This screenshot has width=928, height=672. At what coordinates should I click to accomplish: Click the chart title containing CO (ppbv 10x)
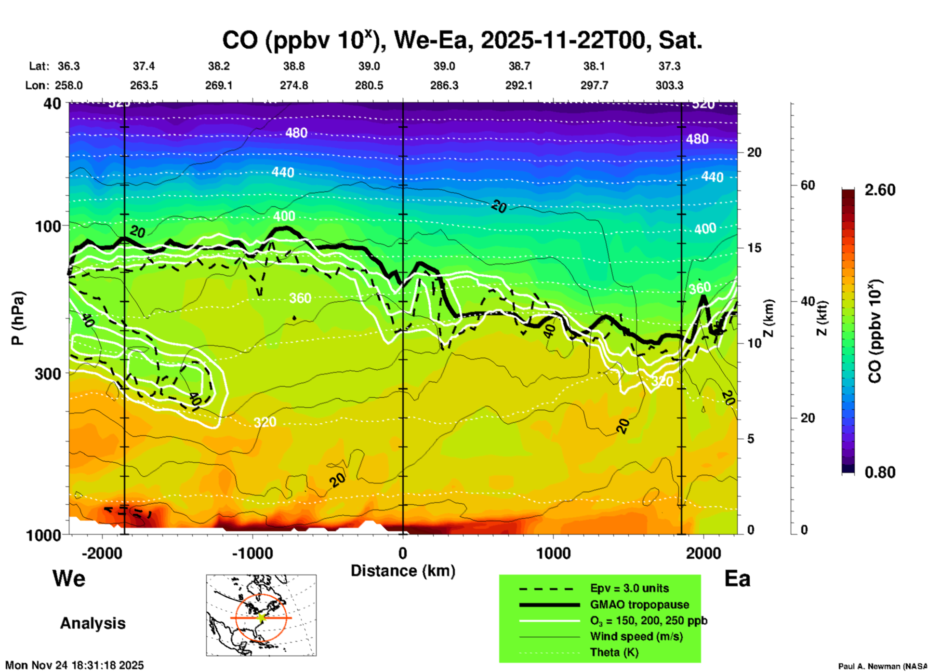462,40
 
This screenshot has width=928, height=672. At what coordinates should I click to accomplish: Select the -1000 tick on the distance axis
252,553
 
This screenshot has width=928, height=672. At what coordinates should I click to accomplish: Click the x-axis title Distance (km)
403,571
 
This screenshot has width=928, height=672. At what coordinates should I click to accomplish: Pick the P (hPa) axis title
17,318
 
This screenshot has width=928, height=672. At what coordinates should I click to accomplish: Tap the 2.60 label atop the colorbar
880,190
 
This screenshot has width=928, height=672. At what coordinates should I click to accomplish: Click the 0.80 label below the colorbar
880,472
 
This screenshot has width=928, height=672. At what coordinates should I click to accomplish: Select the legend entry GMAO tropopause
639,605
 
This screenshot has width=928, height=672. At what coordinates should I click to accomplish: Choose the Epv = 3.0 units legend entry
629,588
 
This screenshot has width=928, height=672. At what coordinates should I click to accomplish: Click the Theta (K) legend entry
614,652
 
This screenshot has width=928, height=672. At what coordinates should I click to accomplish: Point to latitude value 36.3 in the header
69,66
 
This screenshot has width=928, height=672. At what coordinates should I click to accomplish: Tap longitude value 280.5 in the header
369,85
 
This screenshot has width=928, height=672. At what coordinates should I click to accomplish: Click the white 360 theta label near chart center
300,298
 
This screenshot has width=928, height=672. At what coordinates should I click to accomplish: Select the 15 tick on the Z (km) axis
754,248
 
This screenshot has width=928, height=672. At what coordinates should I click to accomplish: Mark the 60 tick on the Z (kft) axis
808,185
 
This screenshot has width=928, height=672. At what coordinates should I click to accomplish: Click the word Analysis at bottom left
93,623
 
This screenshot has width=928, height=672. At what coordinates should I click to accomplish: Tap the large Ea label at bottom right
737,579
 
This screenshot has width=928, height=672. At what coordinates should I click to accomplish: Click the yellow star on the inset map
261,617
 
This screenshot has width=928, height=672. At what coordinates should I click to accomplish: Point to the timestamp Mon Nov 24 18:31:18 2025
75,665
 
